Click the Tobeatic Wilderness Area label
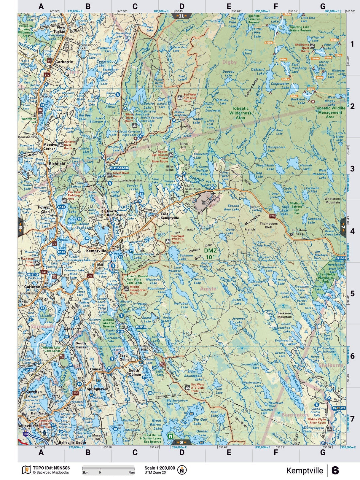[x=240, y=113]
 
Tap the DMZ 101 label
[x=210, y=254]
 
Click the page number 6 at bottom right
[x=335, y=471]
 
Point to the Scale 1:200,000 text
[x=160, y=468]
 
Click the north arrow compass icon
[x=182, y=470]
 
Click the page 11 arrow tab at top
[x=181, y=16]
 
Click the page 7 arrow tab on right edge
[x=343, y=227]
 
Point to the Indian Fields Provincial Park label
[x=326, y=278]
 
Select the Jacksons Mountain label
[x=284, y=315]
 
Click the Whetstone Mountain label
[x=332, y=200]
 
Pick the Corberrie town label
[x=64, y=62]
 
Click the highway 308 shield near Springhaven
[x=76, y=393]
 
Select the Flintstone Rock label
[x=299, y=232]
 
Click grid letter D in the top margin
[x=182, y=6]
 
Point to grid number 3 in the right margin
[x=352, y=169]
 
